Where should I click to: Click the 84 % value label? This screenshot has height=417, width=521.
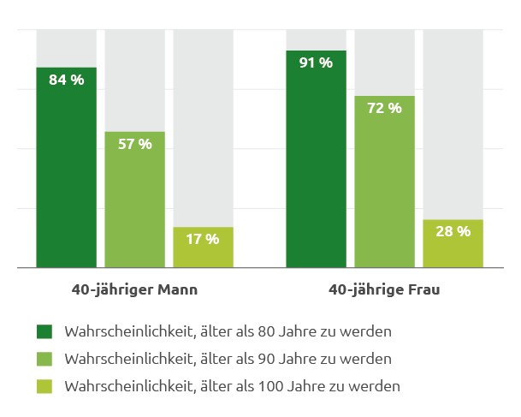(x=66, y=80)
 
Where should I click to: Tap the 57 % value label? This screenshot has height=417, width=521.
(x=134, y=144)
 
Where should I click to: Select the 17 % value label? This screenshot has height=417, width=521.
(x=203, y=239)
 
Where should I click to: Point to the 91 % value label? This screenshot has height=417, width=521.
(x=316, y=63)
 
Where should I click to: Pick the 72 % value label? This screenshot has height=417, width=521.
(x=384, y=108)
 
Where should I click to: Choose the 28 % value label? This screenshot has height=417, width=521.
(x=453, y=231)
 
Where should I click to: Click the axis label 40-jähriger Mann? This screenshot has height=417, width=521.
(x=134, y=289)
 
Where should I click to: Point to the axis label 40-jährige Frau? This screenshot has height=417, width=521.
(x=384, y=289)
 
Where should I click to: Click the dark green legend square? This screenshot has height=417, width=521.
(x=44, y=331)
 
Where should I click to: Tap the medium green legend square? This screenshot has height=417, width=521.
(x=44, y=358)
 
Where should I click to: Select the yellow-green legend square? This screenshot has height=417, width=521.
(x=44, y=386)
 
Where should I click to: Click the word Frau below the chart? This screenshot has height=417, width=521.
(x=423, y=289)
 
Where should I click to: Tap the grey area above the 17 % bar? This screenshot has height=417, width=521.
(x=203, y=128)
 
